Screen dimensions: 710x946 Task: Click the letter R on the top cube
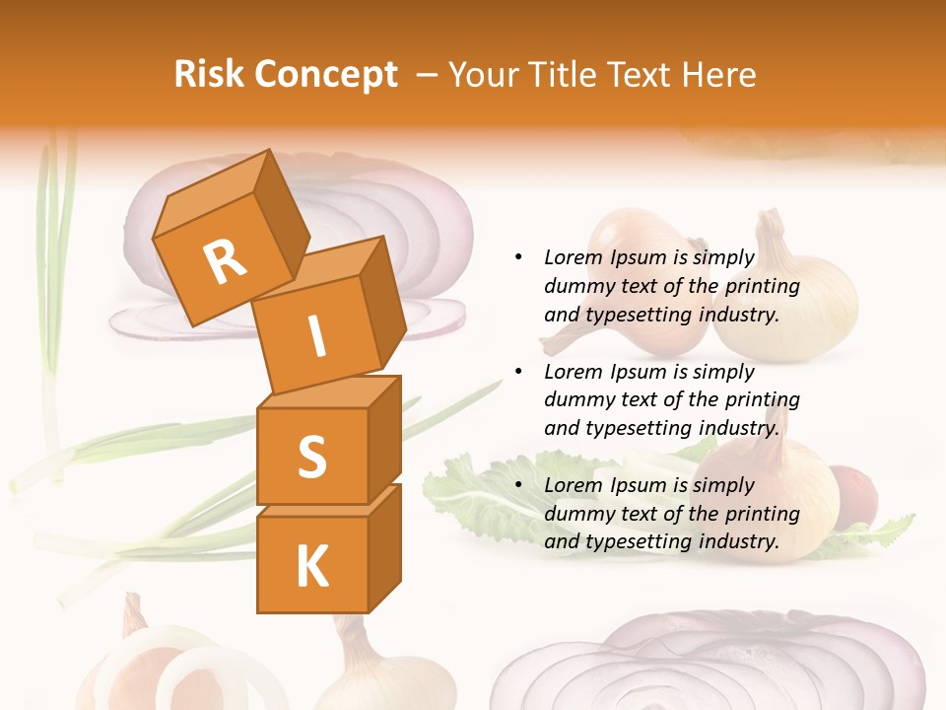[225, 262]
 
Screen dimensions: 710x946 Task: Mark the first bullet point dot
[518, 257]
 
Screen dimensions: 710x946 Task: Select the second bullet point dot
[518, 372]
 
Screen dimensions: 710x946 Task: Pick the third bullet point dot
[518, 485]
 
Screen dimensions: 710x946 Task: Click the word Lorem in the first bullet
[571, 257]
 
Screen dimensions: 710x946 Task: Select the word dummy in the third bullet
[577, 514]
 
